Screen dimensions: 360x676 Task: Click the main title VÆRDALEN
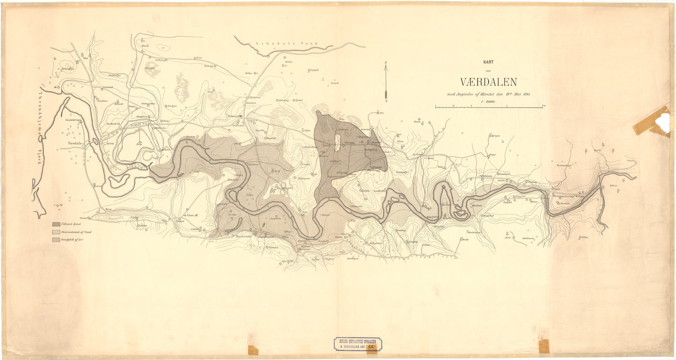(488, 82)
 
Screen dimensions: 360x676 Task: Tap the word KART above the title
(489, 62)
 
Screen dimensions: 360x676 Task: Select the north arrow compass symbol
(385, 82)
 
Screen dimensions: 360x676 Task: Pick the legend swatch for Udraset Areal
(56, 225)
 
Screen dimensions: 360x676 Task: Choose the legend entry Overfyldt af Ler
(73, 240)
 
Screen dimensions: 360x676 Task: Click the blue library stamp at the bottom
(357, 345)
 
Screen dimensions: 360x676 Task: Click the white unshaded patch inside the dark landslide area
(337, 143)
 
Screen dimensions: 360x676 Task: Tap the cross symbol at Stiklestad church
(241, 116)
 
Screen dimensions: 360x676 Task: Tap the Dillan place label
(584, 237)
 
